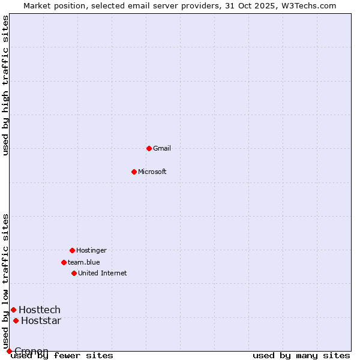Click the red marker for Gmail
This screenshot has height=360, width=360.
coord(149,148)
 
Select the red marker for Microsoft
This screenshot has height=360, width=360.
coord(134,172)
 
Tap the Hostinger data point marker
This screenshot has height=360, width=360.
coord(72,250)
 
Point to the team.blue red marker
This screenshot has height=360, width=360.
coord(64,262)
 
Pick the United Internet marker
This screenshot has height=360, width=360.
coord(74,273)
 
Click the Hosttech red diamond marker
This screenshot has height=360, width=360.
coord(13,310)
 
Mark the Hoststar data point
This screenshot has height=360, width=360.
coord(16,320)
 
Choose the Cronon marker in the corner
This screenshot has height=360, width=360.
coord(9,351)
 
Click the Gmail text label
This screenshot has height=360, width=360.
coord(162,148)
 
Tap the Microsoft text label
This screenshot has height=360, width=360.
coord(152,172)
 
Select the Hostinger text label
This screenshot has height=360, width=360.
coord(91,250)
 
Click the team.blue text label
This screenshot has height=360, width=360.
coord(84,262)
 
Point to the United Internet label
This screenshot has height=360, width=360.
coord(103,273)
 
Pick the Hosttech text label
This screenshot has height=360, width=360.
coord(40,310)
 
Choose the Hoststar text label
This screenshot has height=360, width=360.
coord(41,320)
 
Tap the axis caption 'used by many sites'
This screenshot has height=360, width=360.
coord(301,355)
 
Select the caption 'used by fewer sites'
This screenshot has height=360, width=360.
coord(62,355)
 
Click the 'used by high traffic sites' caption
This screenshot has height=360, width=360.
coord(5,85)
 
